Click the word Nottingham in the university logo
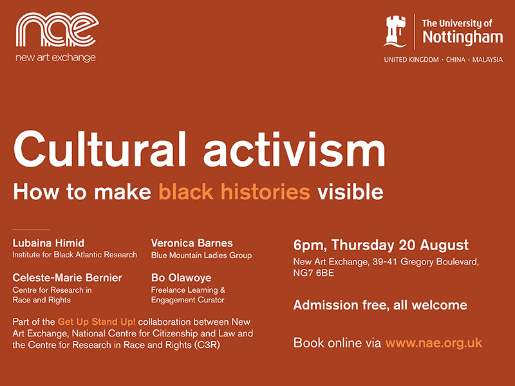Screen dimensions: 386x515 click(x=462, y=38)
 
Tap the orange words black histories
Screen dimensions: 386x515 click(x=234, y=191)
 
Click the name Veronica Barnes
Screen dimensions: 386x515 click(x=192, y=243)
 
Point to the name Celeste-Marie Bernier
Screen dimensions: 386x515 click(x=67, y=277)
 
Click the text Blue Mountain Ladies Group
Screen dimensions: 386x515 click(x=201, y=255)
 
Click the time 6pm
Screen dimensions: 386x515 click(x=306, y=245)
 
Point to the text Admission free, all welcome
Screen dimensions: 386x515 click(x=380, y=305)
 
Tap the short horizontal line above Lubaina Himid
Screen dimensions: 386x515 click(x=31, y=229)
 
